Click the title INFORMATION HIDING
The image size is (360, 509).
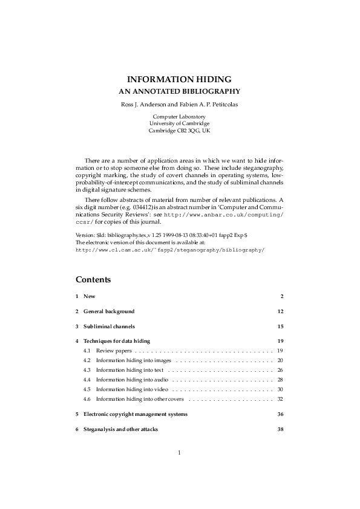point(179,79)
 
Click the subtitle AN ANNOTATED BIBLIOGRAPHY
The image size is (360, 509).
point(179,92)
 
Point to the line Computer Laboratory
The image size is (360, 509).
point(179,116)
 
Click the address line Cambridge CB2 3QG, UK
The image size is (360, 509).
point(179,130)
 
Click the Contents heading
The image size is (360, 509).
point(93,280)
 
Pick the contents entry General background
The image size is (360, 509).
point(109,311)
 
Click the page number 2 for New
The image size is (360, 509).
point(282,296)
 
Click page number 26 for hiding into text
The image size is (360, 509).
point(280,370)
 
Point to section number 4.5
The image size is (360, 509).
point(87,389)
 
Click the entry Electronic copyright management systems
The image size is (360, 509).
point(136,414)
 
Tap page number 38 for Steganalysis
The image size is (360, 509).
point(280,429)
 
